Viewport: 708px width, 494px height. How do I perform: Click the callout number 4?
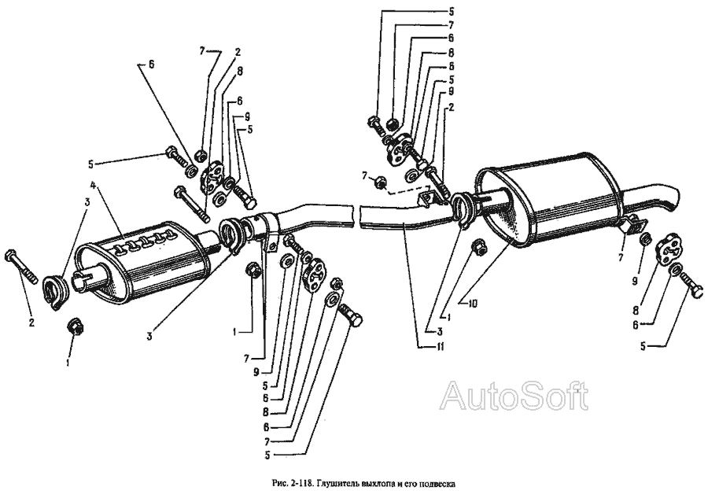pyautogui.click(x=94, y=186)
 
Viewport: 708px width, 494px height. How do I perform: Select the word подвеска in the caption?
pyautogui.click(x=436, y=482)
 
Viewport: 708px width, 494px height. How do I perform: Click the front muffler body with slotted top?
pyautogui.click(x=142, y=260)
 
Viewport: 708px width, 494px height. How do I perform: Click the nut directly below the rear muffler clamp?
pyautogui.click(x=478, y=249)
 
